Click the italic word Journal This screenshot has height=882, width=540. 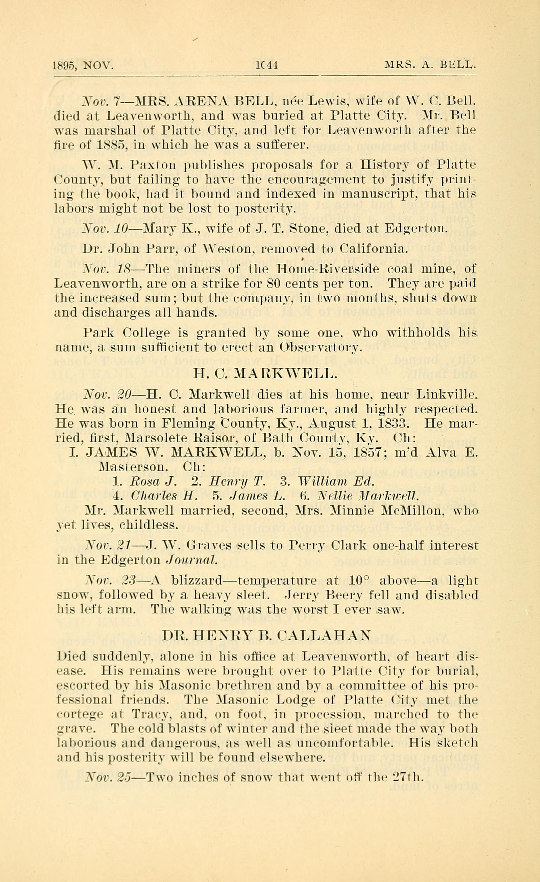click(x=192, y=560)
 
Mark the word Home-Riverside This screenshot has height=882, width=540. click(x=321, y=269)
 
